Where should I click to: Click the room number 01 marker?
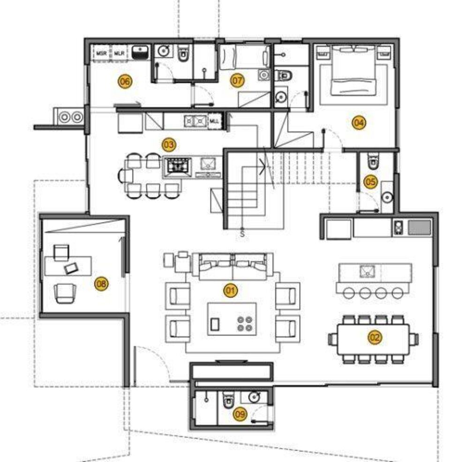(230, 291)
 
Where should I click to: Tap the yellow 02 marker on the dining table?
(375, 337)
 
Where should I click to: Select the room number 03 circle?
(168, 144)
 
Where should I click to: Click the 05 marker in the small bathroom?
(371, 182)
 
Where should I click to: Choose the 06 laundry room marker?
(124, 82)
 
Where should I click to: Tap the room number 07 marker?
(237, 81)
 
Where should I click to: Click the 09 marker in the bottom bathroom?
(240, 414)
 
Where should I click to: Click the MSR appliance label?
(101, 54)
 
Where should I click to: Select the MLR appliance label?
(118, 54)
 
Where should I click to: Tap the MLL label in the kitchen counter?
(214, 121)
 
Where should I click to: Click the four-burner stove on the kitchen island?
(177, 166)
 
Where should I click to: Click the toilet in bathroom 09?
(228, 399)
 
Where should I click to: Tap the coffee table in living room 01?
(232, 319)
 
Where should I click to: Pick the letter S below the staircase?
(242, 233)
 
